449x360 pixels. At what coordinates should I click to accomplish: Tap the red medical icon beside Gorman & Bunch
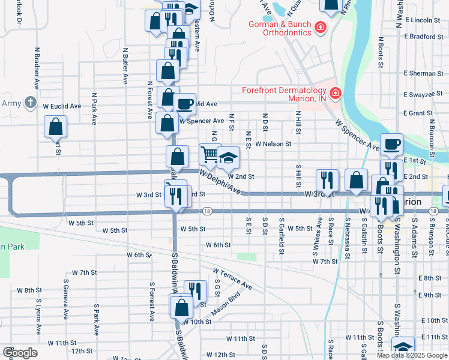(321, 27)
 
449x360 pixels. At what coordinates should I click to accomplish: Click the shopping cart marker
(209, 155)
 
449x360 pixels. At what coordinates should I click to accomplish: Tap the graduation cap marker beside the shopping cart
(228, 158)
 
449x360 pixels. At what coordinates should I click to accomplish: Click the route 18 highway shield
(206, 211)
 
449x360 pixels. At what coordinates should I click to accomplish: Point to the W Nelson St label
(273, 144)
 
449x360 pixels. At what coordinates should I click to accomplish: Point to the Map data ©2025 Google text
(411, 355)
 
